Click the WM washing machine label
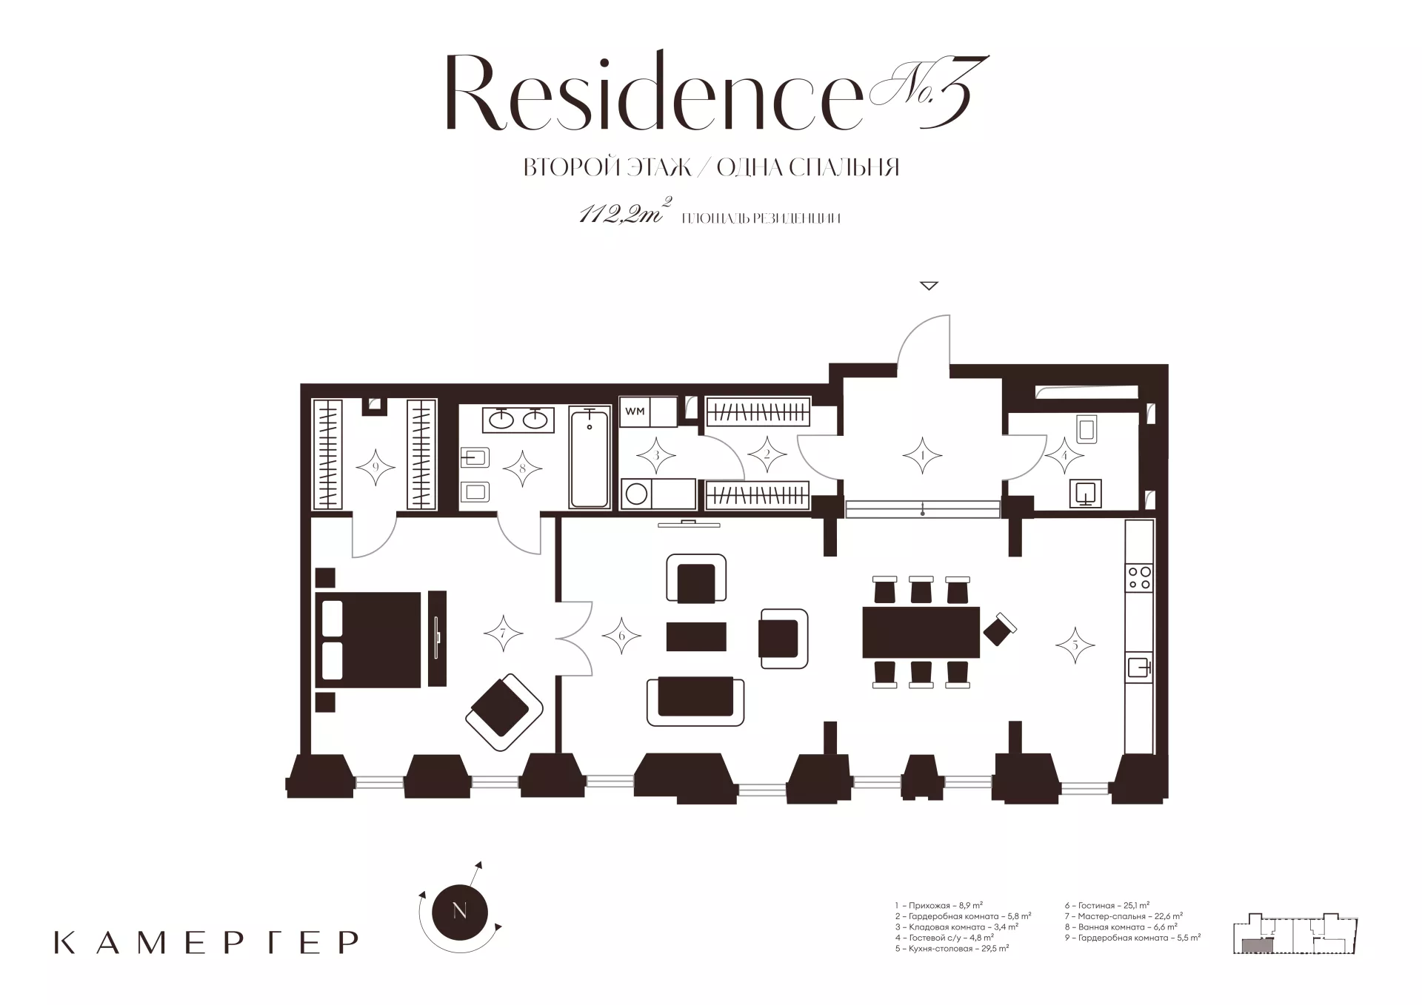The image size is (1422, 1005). (x=635, y=411)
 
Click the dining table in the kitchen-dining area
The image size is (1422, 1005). (x=921, y=632)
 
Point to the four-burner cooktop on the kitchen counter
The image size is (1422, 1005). (x=1138, y=577)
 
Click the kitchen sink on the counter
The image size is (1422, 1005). (x=1139, y=668)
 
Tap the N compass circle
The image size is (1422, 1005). (x=459, y=911)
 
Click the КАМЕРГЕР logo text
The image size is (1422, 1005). (x=207, y=942)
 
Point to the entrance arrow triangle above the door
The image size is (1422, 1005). (x=929, y=286)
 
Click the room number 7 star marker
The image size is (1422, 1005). (x=504, y=633)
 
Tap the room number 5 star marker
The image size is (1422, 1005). (x=1075, y=645)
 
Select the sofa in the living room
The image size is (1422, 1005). (x=695, y=701)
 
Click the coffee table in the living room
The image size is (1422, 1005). (x=696, y=636)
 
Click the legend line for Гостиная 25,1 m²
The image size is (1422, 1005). (x=1107, y=905)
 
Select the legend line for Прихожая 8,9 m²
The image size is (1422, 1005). (x=938, y=905)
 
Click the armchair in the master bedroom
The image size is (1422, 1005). (x=504, y=711)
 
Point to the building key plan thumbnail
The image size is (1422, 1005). (x=1295, y=934)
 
